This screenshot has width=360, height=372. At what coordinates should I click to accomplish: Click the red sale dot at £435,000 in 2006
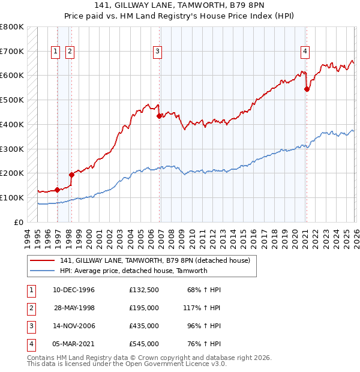pyautogui.click(x=159, y=116)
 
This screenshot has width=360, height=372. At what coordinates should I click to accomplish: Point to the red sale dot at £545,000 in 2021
pyautogui.click(x=307, y=89)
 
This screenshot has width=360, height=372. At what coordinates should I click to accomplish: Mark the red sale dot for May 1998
pyautogui.click(x=71, y=175)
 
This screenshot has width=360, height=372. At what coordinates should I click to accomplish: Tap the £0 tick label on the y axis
pyautogui.click(x=19, y=222)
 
